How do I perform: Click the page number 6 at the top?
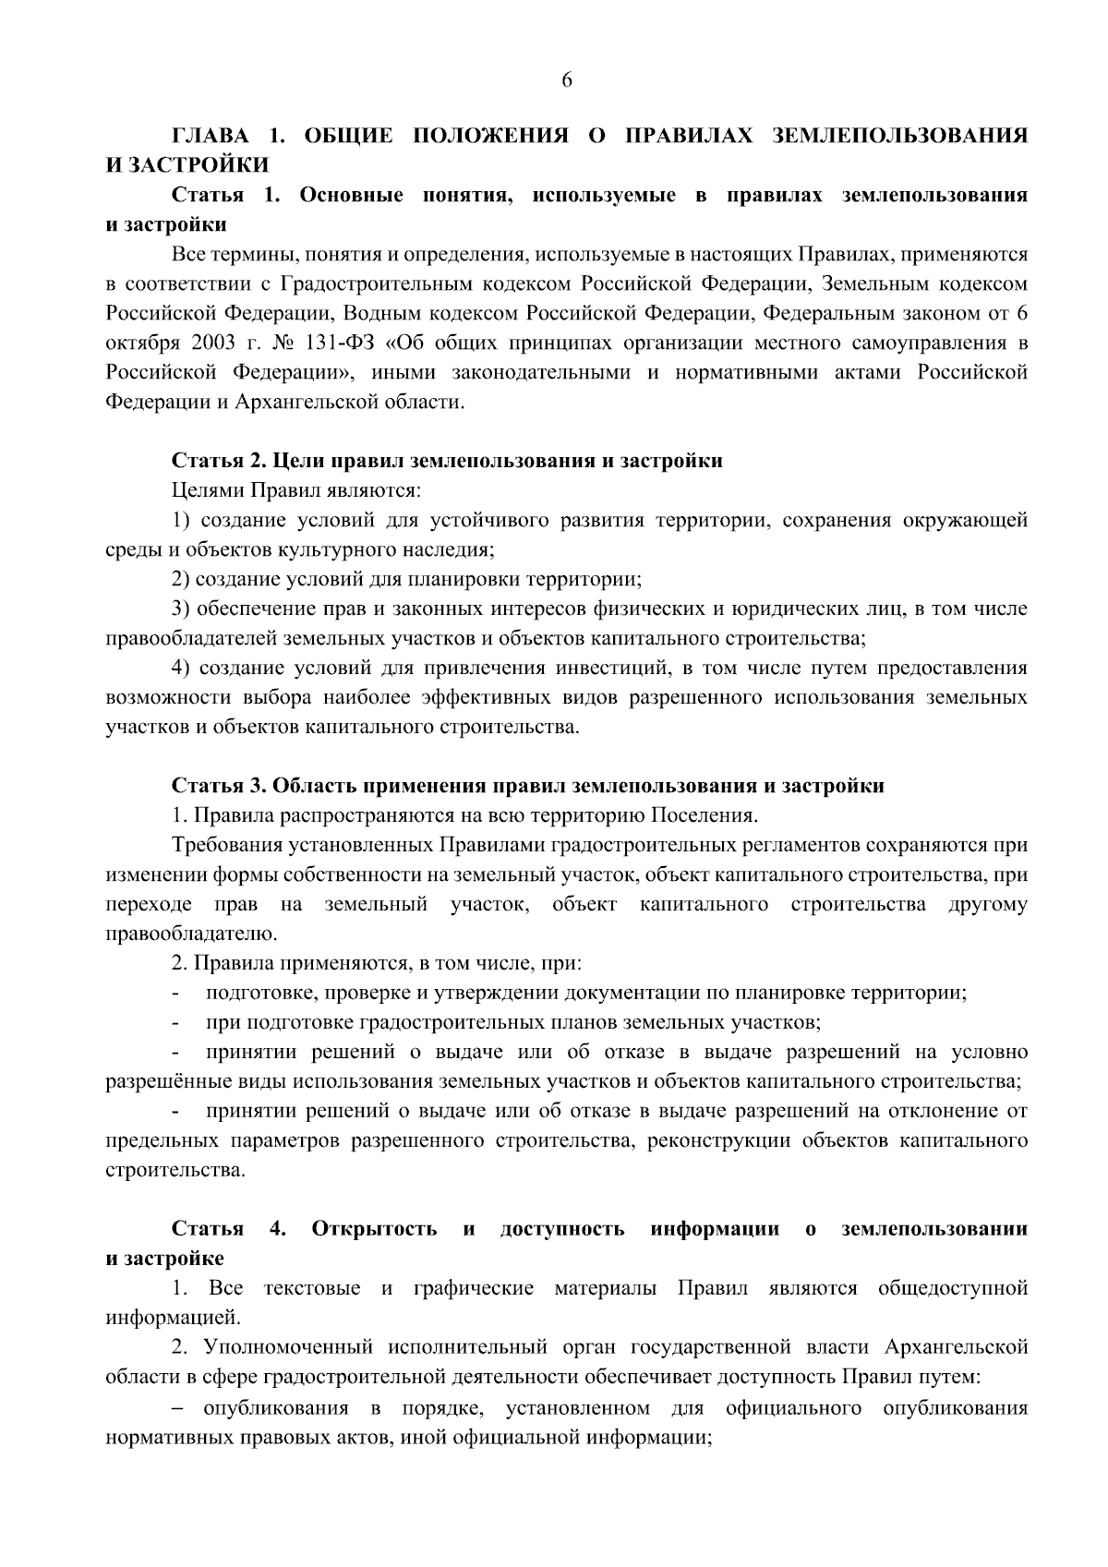[567, 80]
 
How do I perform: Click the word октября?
[137, 344]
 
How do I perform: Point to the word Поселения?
[705, 815]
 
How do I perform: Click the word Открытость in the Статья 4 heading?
[374, 1229]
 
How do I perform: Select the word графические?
[473, 1288]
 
